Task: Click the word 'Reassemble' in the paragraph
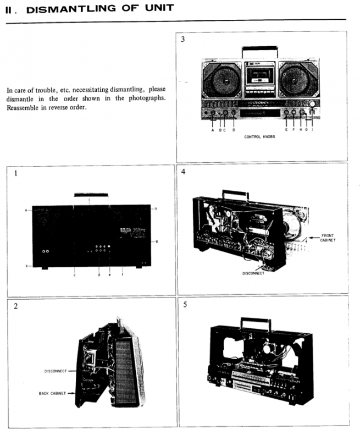24,107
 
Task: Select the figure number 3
184,40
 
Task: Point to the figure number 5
185,304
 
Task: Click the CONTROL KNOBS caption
259,137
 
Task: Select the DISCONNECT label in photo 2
56,371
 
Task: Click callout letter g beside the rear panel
156,240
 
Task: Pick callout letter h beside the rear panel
156,208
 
